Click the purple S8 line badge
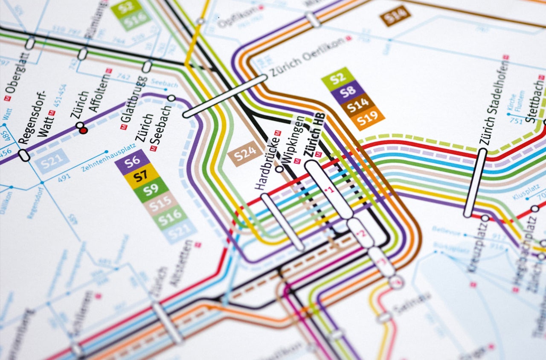pos(349,91)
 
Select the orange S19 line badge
pos(368,120)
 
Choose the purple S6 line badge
pos(132,162)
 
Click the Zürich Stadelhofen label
pos(494,102)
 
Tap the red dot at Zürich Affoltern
pos(83,131)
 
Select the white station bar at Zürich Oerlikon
pos(225,96)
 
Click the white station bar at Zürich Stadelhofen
pos(475,183)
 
